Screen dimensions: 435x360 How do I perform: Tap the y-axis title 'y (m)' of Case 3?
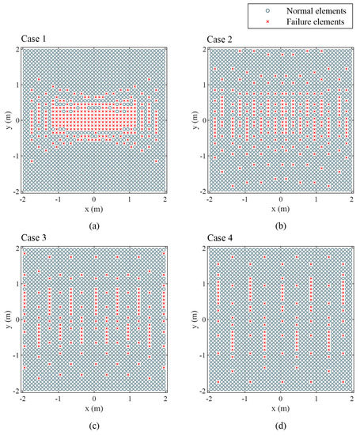click(x=6, y=320)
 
